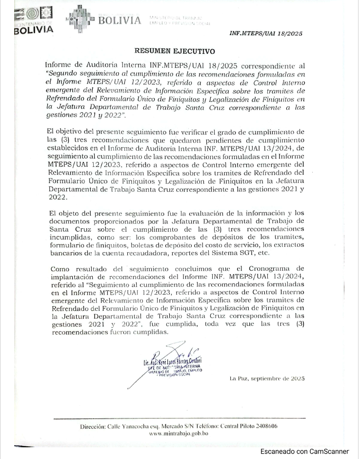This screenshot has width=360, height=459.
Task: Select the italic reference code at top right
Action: tap(266, 34)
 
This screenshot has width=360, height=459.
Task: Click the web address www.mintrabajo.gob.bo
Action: tap(180, 433)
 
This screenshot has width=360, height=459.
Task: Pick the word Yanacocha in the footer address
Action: tap(134, 426)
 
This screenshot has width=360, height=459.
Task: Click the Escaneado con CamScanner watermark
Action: tap(304, 452)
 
